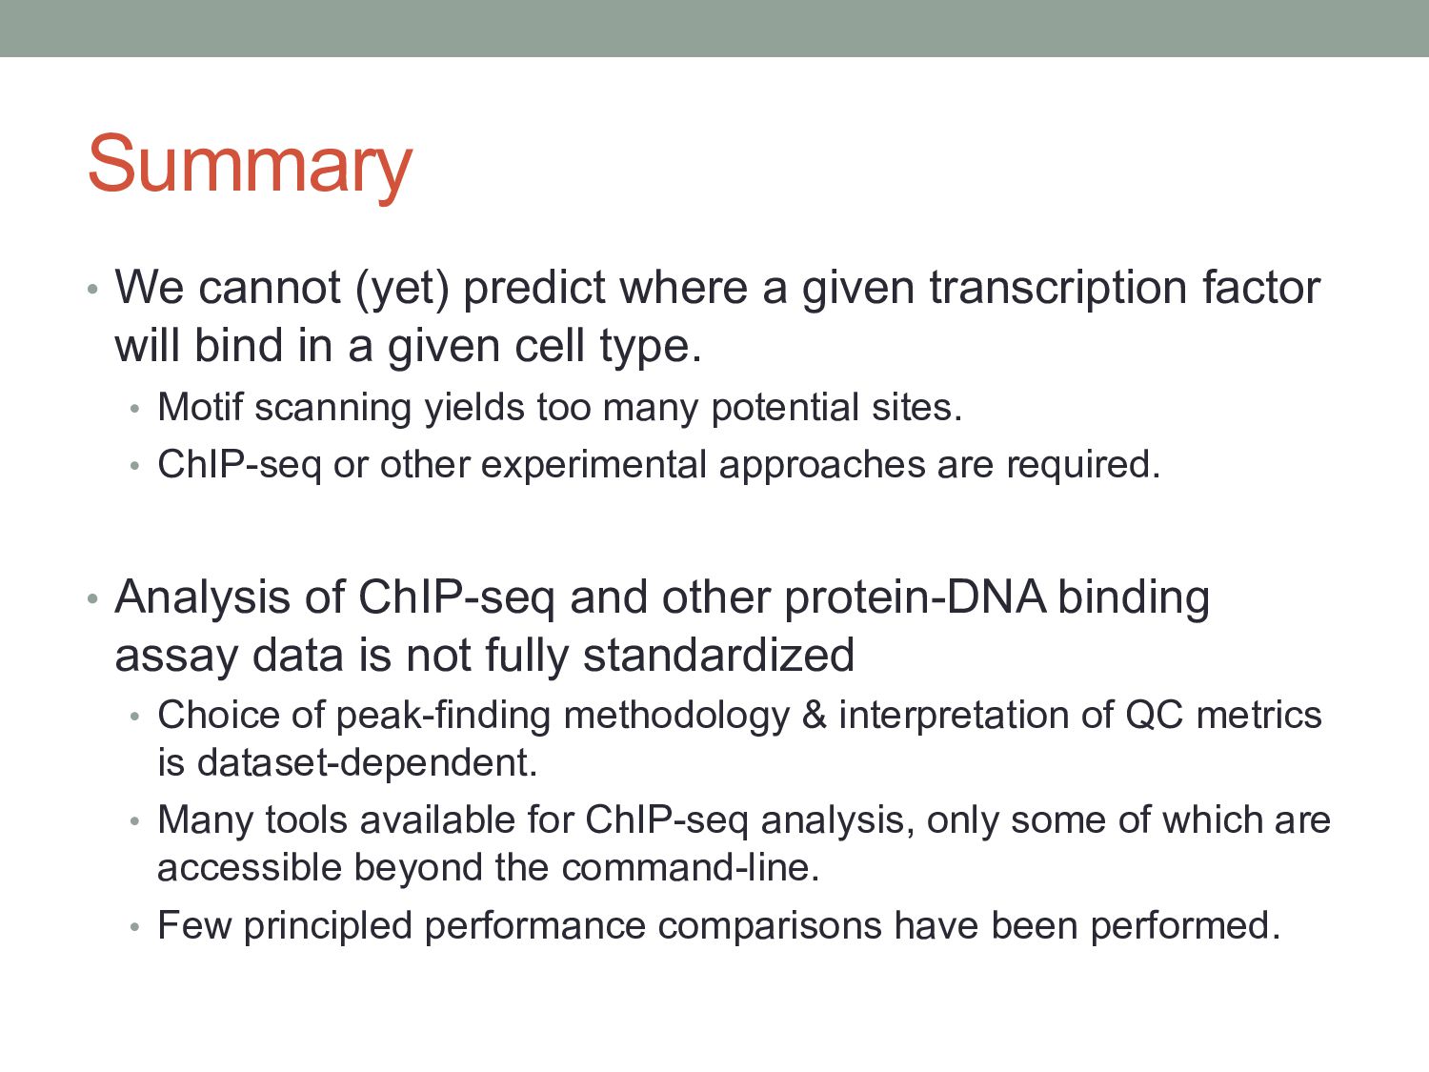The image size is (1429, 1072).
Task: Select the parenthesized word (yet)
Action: [x=402, y=290]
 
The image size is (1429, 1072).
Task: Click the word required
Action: [x=1083, y=466]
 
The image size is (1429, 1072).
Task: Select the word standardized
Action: [x=718, y=655]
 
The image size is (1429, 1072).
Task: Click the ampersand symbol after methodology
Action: [x=814, y=715]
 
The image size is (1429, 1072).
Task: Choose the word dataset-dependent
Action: [x=367, y=762]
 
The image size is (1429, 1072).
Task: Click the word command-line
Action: [x=690, y=868]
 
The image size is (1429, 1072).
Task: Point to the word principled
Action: [x=328, y=926]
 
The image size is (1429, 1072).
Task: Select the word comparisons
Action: [x=769, y=926]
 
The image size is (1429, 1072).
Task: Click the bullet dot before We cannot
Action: [x=92, y=289]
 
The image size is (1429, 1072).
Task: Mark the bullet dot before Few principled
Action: [x=134, y=927]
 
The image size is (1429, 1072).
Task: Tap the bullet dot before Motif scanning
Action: [x=134, y=409]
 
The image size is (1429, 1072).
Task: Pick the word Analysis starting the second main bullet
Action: [x=203, y=598]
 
